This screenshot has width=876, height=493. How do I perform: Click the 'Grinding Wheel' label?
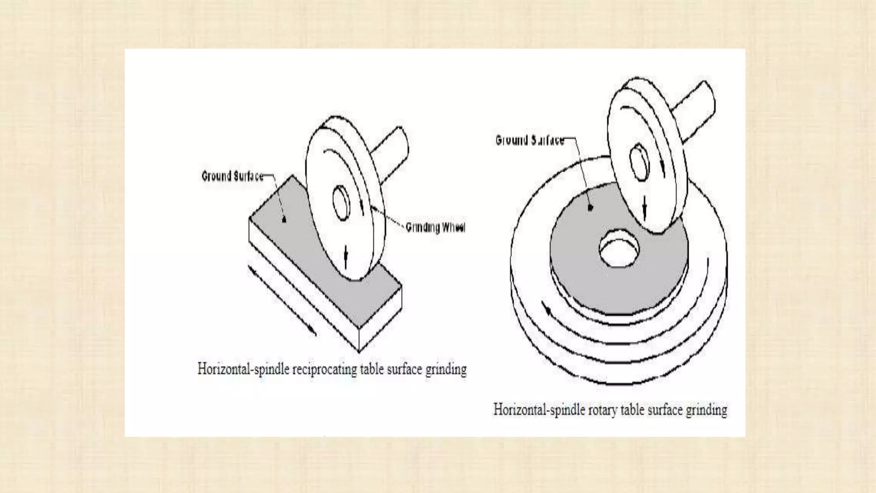tap(435, 227)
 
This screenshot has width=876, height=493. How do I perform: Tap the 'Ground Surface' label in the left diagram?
tap(232, 176)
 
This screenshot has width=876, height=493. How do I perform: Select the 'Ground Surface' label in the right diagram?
tap(530, 140)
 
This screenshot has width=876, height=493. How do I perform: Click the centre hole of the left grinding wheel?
tap(341, 203)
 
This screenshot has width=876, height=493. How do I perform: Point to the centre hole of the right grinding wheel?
tap(639, 162)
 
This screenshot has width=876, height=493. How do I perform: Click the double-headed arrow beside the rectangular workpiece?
tap(282, 301)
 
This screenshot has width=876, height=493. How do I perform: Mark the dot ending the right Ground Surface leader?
tap(591, 208)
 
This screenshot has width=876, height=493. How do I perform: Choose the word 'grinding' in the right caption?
tap(706, 410)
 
